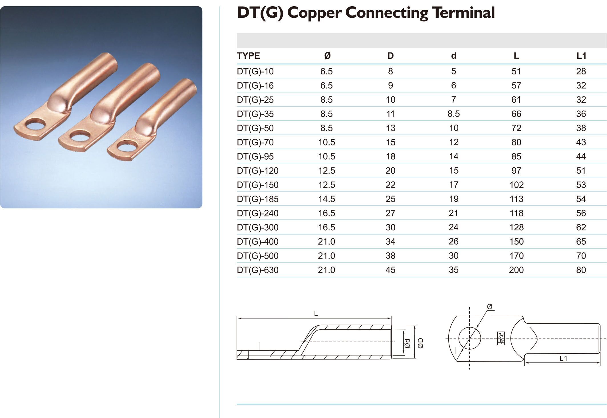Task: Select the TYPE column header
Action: tap(248, 56)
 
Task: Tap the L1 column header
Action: tap(581, 56)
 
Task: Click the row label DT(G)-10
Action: tap(255, 71)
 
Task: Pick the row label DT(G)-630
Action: tap(257, 270)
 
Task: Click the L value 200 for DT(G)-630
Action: tap(516, 270)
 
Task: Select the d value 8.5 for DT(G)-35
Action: tap(453, 114)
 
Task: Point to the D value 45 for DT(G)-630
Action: tap(390, 270)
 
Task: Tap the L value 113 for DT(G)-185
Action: tap(516, 199)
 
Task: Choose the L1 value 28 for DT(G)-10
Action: tap(581, 71)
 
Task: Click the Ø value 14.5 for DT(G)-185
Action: tap(326, 199)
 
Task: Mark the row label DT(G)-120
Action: tap(257, 171)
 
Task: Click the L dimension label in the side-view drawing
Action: tap(316, 313)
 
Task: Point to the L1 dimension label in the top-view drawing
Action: tap(563, 358)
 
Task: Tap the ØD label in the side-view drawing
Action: tap(420, 343)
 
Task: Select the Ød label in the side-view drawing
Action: tap(407, 343)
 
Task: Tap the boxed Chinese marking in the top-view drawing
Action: tap(501, 338)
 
